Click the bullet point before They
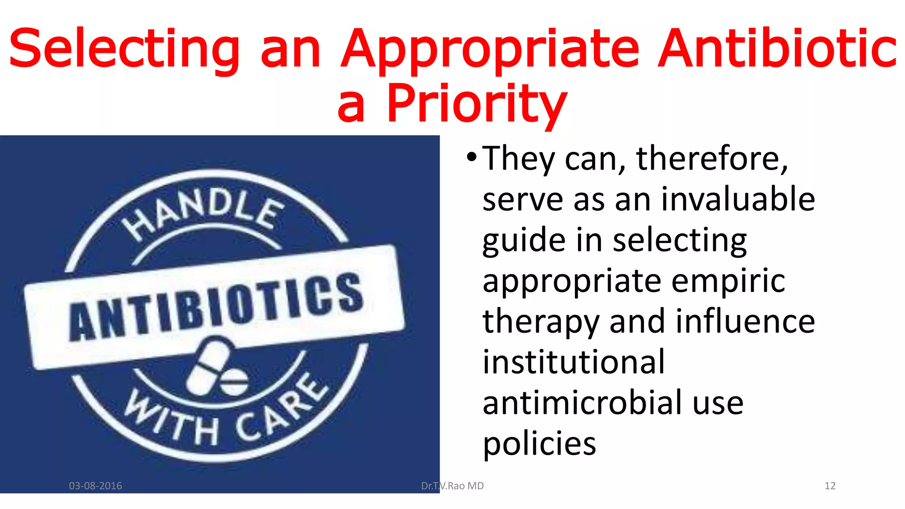pos(472,157)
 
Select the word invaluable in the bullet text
pos(738,199)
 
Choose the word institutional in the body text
pos(574,362)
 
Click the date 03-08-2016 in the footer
pos(95,486)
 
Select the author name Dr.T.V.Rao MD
pos(452,486)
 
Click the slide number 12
pos(830,486)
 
